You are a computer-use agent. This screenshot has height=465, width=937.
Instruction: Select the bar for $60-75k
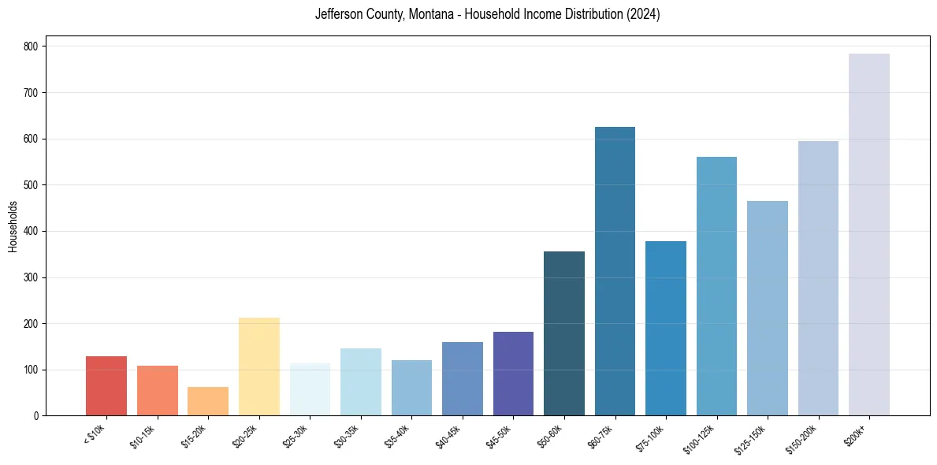(x=615, y=271)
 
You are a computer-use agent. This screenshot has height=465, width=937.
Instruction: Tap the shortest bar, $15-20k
(x=208, y=401)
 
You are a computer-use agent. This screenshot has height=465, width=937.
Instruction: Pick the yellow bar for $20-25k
(x=258, y=366)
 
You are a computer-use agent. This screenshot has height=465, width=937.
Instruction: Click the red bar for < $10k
(x=106, y=386)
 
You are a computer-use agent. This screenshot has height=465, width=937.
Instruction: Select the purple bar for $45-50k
(x=513, y=374)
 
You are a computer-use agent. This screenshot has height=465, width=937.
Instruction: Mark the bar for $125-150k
(x=767, y=308)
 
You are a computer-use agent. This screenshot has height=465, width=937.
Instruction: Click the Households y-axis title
(x=13, y=226)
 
